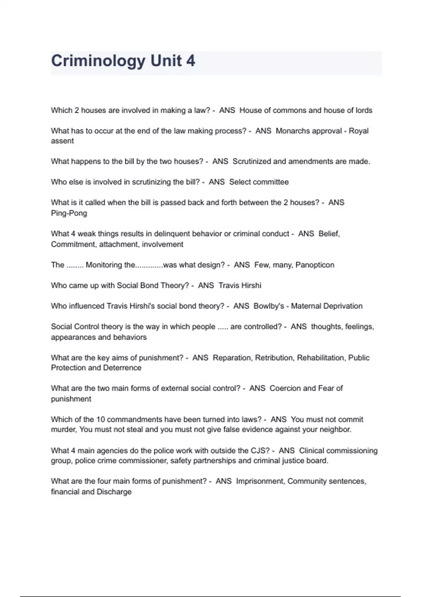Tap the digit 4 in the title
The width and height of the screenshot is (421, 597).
tap(191, 61)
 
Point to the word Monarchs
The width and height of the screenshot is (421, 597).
tap(291, 131)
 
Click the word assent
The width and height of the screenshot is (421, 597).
tap(62, 141)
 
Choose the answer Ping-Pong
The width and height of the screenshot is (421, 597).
tap(69, 213)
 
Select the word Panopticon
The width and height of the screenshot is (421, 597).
tap(315, 265)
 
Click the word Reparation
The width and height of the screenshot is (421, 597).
tap(232, 357)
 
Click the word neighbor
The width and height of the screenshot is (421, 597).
tap(334, 429)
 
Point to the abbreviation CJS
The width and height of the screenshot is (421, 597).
tap(260, 450)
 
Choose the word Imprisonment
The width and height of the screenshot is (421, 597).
tap(260, 481)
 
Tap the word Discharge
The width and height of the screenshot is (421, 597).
tap(114, 492)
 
